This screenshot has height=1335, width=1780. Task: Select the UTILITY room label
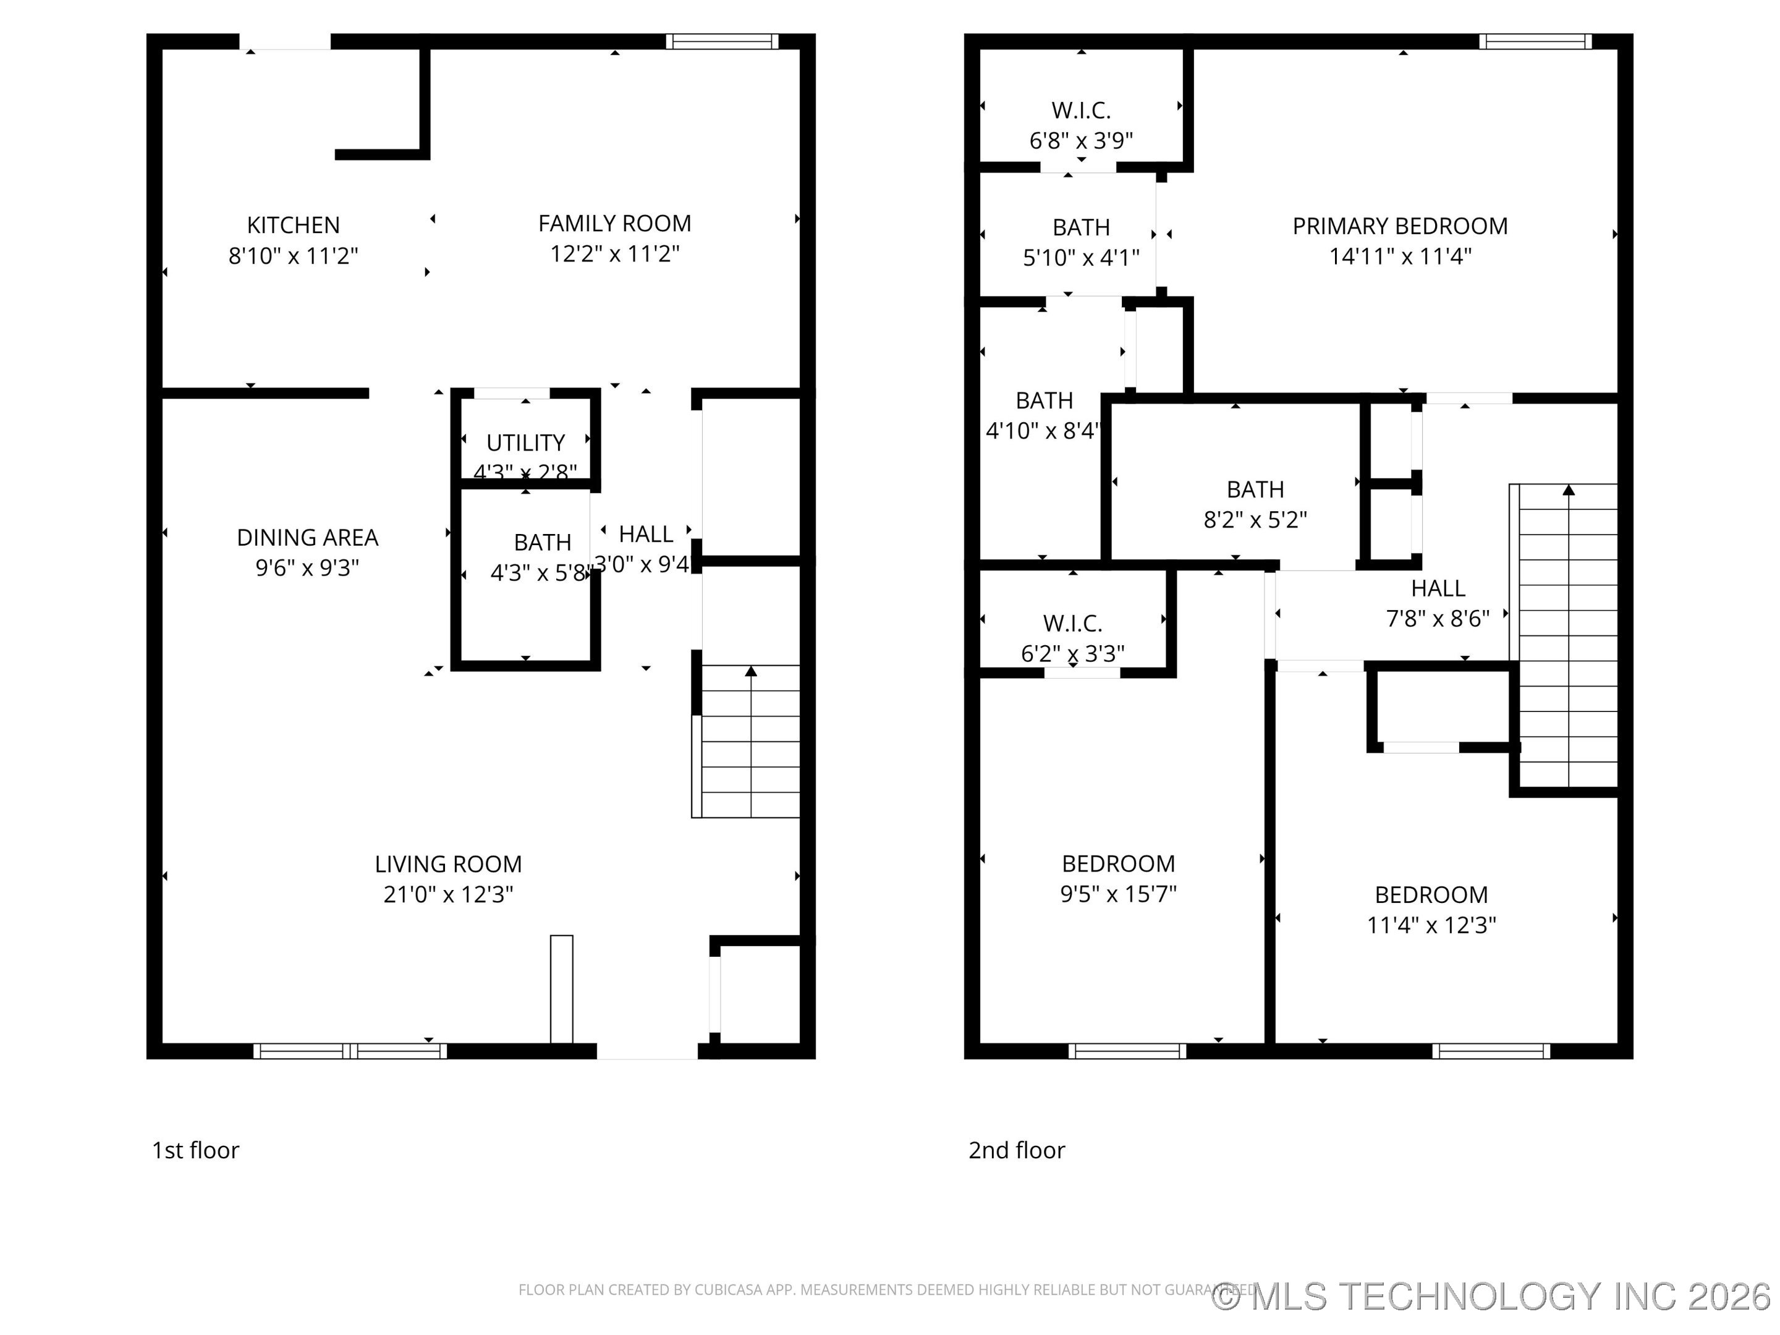pyautogui.click(x=525, y=443)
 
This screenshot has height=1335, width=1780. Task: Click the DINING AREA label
pyautogui.click(x=307, y=538)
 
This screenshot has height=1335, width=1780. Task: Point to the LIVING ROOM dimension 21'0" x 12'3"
pyautogui.click(x=448, y=894)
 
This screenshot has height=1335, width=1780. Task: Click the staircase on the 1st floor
pyautogui.click(x=750, y=741)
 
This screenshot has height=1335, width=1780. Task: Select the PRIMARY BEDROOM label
pyautogui.click(x=1399, y=226)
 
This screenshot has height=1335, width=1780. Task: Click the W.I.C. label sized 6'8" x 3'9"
pyautogui.click(x=1081, y=110)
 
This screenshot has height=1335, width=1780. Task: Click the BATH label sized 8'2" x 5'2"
pyautogui.click(x=1255, y=489)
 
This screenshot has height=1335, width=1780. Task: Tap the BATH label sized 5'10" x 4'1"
pyautogui.click(x=1081, y=227)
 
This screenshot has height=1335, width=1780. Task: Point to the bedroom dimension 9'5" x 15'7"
pyautogui.click(x=1117, y=894)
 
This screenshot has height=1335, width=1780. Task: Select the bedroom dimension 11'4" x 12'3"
pyautogui.click(x=1431, y=925)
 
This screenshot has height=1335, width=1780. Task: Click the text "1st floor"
pyautogui.click(x=195, y=1150)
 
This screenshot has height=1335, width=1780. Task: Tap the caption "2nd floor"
pyautogui.click(x=1016, y=1150)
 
